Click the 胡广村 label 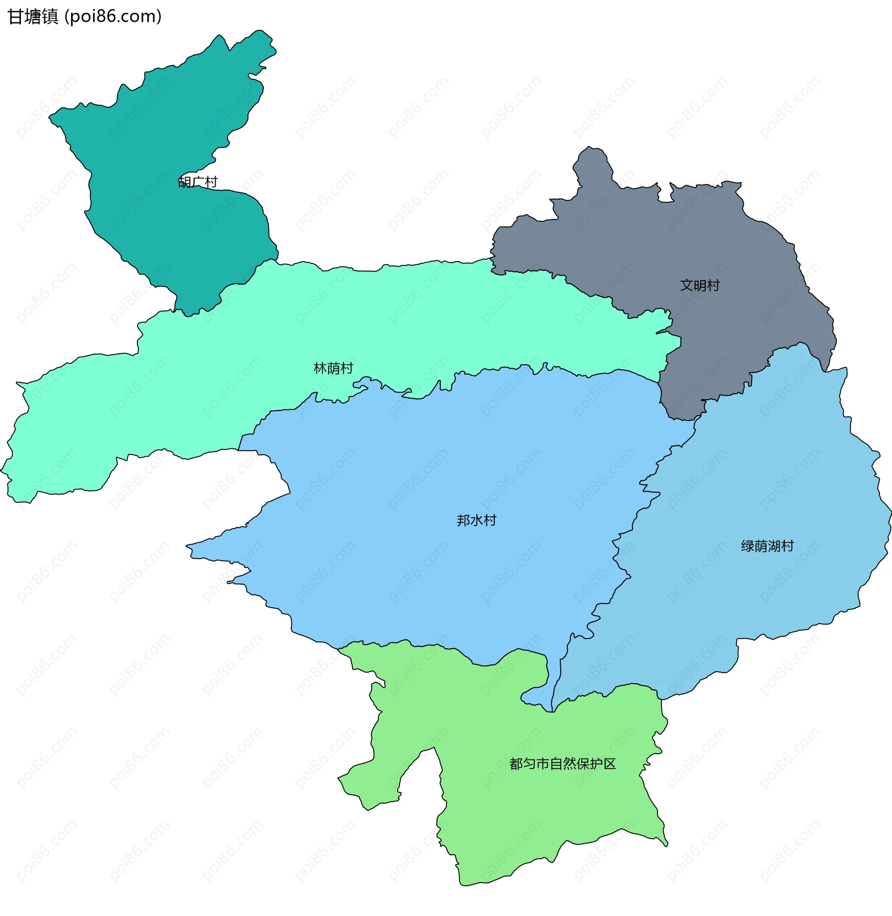pos(198,182)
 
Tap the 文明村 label pos(700,285)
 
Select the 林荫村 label pos(333,368)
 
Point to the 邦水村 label pos(476,521)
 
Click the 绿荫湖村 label pos(767,547)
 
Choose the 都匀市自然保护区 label pos(562,764)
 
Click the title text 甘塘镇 pos(33,17)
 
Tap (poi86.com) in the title pos(113,17)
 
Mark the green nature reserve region pos(539,820)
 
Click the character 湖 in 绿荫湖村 pos(774,547)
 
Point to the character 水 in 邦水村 pos(477,521)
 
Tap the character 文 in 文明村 pos(686,285)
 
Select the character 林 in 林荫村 pos(320,368)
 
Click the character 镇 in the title pos(50,17)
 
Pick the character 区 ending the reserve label pos(609,764)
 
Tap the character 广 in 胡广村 pos(198,182)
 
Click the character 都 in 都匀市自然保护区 pos(516,764)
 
